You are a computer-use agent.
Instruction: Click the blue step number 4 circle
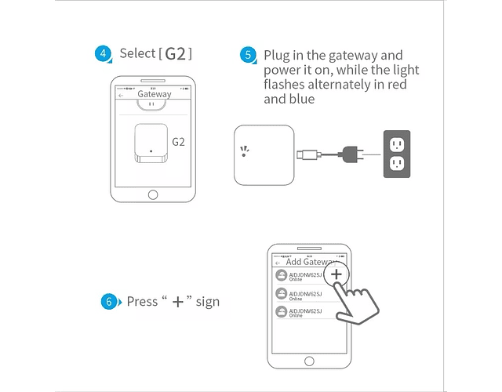coord(104,54)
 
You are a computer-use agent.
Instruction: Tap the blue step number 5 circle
coord(249,55)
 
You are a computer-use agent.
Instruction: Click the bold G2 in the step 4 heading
coord(176,54)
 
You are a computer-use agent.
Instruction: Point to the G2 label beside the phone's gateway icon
coord(178,142)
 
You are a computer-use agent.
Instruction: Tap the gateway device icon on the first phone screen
coord(149,142)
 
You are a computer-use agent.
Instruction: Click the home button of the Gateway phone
coord(152,194)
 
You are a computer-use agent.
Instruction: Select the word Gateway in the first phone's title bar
coord(154,94)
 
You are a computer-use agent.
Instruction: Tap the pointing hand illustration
coord(356,305)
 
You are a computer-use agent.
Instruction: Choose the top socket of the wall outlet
coord(396,143)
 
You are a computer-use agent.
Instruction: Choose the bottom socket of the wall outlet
coord(396,164)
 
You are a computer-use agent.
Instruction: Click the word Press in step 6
coord(142,302)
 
